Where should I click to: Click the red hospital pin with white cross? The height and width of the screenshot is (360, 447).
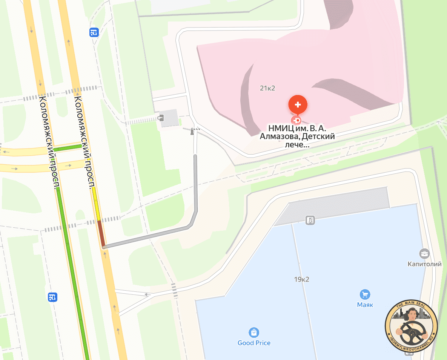298,104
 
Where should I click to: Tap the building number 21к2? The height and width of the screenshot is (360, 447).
267,88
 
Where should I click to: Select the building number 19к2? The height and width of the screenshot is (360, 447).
301,279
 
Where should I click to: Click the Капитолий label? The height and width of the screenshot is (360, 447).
424,264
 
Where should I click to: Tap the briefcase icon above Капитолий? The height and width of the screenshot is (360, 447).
424,253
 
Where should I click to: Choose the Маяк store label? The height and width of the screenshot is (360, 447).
365,305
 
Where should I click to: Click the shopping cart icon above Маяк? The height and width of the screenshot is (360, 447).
365,294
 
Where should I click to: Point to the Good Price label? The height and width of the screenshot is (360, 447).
254,343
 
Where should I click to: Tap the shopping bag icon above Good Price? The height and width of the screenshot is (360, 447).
254,332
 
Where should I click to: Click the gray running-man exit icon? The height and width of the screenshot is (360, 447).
310,220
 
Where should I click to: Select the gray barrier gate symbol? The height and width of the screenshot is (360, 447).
193,131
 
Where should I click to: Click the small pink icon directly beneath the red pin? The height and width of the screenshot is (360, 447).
298,121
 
